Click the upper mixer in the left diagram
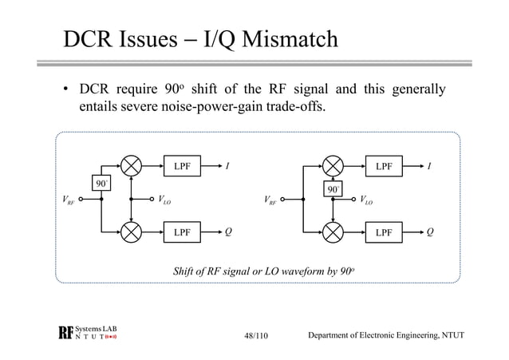click(130, 168)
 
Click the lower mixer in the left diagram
click(130, 232)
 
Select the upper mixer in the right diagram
click(332, 168)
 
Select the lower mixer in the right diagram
click(332, 232)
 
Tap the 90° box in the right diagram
click(333, 190)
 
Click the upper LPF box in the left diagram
click(182, 168)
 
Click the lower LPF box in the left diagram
click(182, 232)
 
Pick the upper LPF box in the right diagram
click(384, 168)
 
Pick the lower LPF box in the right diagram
click(384, 232)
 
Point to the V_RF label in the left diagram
click(69, 201)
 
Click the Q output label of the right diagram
click(430, 232)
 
